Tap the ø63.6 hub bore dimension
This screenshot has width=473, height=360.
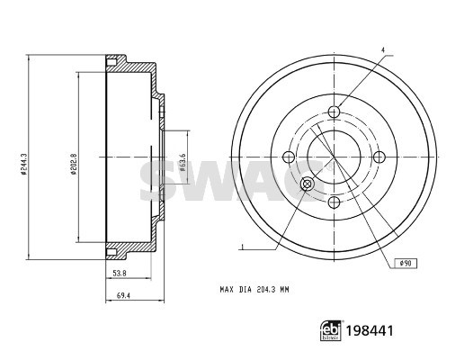coord(183,162)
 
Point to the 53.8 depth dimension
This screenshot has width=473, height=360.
coord(120,274)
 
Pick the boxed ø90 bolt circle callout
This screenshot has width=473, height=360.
coord(406,264)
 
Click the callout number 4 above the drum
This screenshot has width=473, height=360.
coord(382,49)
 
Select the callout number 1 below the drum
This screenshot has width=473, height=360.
coord(241,247)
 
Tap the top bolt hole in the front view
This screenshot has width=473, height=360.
coord(334,112)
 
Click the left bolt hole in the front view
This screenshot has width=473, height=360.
coord(289,157)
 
